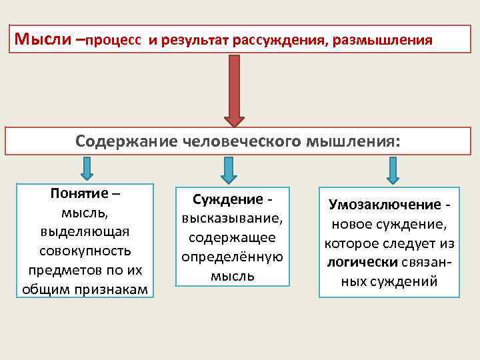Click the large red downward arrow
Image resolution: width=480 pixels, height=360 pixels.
point(234,90)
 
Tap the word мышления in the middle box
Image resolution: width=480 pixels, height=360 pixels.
point(353,141)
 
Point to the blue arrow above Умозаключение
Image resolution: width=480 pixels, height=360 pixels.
point(393,170)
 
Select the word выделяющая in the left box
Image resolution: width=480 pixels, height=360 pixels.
point(84,232)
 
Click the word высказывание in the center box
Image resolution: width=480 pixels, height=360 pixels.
point(232,219)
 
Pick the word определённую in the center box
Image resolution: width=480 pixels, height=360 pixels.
point(233,257)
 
